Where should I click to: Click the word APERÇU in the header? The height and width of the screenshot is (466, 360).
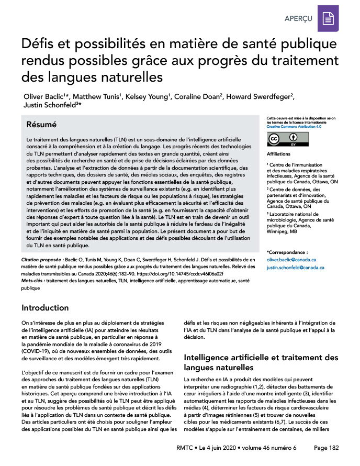(298, 18)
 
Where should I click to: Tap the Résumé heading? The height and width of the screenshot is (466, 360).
(42, 125)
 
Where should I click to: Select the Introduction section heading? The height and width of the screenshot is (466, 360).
(45, 307)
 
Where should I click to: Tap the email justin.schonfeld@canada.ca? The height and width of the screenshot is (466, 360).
(295, 268)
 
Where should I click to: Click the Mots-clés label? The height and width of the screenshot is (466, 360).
(33, 281)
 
